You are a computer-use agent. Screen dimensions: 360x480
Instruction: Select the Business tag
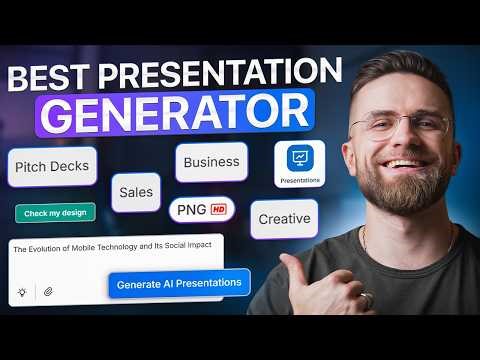[x=211, y=162]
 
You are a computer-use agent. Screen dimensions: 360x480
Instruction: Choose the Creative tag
[x=283, y=219]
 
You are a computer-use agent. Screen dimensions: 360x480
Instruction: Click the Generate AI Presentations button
[x=179, y=283]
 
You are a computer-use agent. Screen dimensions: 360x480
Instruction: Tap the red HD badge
[x=217, y=210]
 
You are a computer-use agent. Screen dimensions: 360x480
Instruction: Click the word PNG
[x=191, y=210]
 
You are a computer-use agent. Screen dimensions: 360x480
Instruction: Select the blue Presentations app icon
[x=298, y=161]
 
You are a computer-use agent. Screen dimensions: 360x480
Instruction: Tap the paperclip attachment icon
[x=46, y=291]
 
